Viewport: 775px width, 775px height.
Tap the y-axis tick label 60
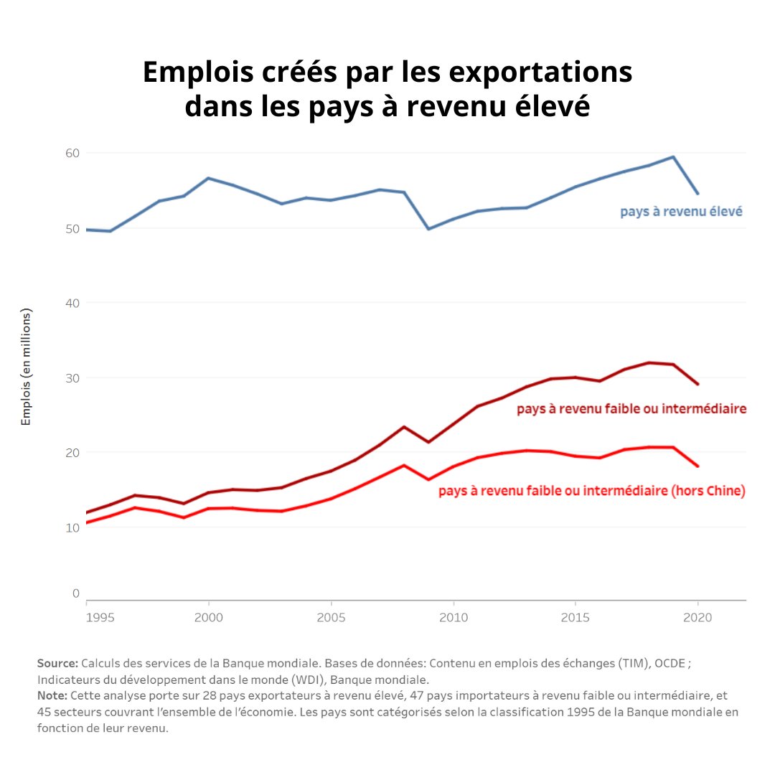(72, 153)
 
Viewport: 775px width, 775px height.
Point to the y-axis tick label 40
(72, 303)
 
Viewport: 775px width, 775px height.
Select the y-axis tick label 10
(72, 527)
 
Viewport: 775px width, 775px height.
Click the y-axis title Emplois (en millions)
(27, 367)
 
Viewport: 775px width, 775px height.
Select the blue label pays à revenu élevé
(680, 212)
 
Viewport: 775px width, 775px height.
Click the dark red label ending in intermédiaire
(631, 409)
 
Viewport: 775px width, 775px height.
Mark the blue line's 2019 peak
(673, 156)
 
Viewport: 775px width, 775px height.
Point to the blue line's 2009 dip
(428, 229)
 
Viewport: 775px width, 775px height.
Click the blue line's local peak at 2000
(208, 178)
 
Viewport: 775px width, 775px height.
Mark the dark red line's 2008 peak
(404, 427)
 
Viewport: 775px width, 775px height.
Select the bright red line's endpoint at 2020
(697, 466)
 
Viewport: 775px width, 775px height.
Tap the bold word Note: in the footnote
(52, 696)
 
